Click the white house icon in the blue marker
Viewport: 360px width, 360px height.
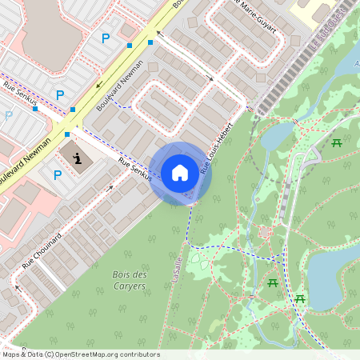pyautogui.click(x=180, y=172)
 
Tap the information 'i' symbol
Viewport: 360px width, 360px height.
pyautogui.click(x=77, y=158)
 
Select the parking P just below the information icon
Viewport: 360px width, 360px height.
pyautogui.click(x=58, y=175)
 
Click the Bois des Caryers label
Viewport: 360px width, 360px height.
pyautogui.click(x=129, y=279)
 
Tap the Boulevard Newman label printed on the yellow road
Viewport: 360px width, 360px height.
pyautogui.click(x=22, y=160)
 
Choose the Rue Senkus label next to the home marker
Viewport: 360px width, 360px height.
pyautogui.click(x=135, y=170)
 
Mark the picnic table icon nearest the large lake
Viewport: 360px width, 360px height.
pyautogui.click(x=300, y=298)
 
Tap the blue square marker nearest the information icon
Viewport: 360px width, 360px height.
pyautogui.click(x=66, y=134)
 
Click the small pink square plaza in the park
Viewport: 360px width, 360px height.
pyautogui.click(x=265, y=233)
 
